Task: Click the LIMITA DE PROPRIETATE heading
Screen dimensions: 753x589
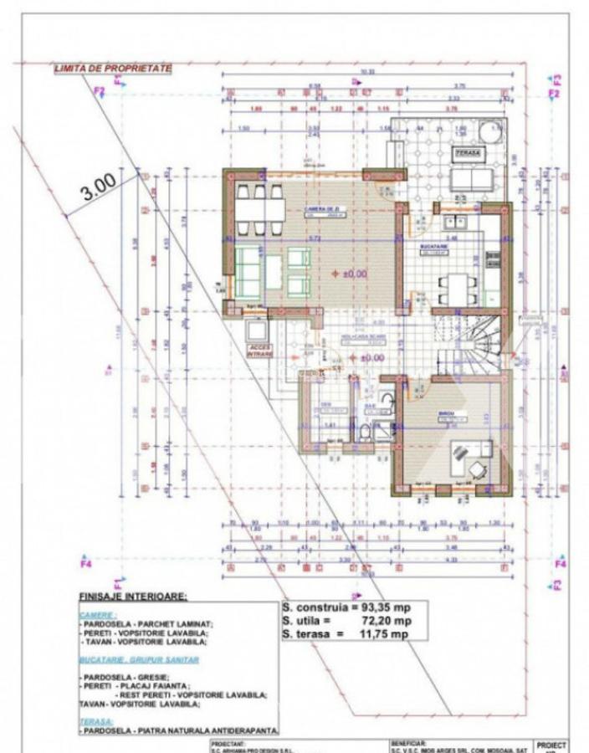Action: tap(113, 67)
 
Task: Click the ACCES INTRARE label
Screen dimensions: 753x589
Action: tap(259, 351)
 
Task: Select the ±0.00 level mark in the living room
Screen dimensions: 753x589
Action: tap(351, 273)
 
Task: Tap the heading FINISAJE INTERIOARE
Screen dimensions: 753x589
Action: tap(133, 597)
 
